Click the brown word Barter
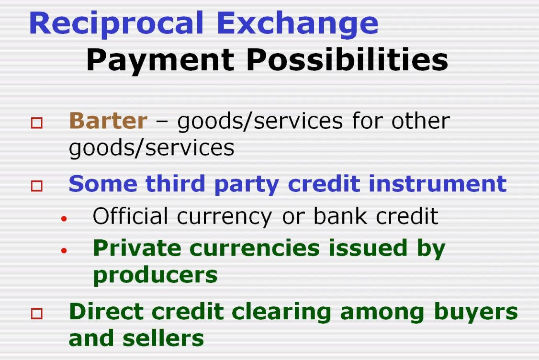point(108,121)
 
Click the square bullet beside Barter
point(37,123)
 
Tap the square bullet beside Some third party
point(37,186)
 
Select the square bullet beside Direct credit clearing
point(37,314)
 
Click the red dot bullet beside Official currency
point(64,218)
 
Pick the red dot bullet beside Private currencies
point(64,251)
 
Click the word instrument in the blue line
point(438,184)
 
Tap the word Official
point(130,216)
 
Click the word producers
point(156,276)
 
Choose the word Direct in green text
point(106,312)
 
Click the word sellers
point(163,338)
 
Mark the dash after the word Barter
point(162,122)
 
